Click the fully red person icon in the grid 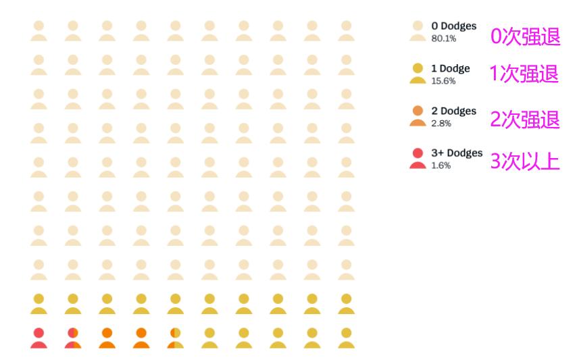39,338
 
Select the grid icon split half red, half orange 73,338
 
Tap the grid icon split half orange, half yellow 175,338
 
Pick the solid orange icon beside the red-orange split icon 107,338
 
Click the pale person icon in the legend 418,31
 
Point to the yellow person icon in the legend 418,74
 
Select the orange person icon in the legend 418,116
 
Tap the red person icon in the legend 418,159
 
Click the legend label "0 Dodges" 453,26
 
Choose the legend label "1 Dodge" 450,69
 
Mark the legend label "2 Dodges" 453,111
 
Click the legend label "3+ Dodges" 457,153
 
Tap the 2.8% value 441,124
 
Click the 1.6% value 441,165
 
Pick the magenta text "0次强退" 525,36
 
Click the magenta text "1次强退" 524,74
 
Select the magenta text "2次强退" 525,120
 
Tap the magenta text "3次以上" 525,162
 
